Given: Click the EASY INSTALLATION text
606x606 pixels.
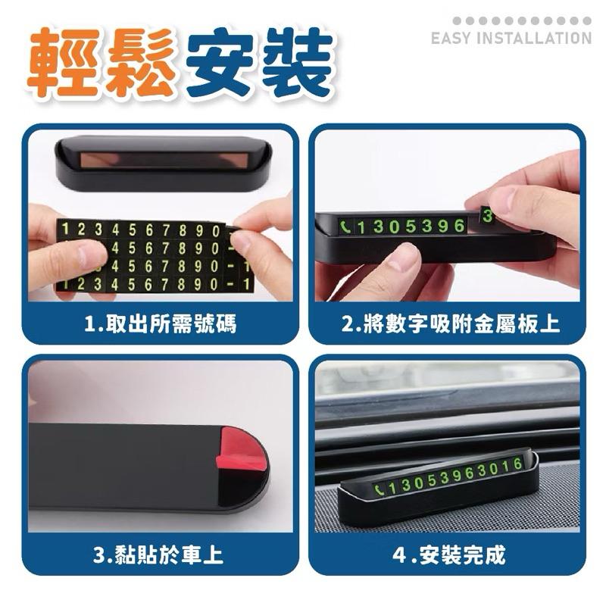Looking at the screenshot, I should pyautogui.click(x=511, y=38).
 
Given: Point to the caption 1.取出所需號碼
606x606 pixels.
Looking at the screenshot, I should pyautogui.click(x=159, y=325).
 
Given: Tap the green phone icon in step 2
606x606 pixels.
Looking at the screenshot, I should pyautogui.click(x=346, y=226).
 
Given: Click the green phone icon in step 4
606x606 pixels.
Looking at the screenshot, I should pyautogui.click(x=379, y=490).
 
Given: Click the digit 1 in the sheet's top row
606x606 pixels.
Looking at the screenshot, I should pyautogui.click(x=66, y=228).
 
